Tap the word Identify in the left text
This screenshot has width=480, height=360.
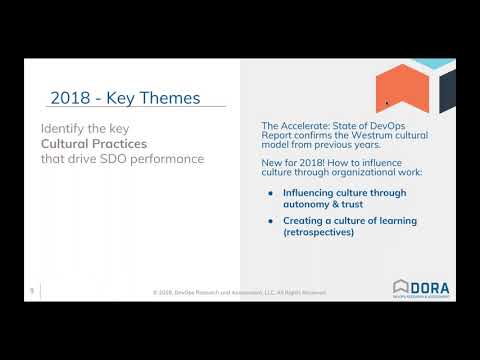tap(66, 128)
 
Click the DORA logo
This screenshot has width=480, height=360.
tap(421, 288)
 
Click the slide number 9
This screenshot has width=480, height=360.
tap(31, 290)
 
